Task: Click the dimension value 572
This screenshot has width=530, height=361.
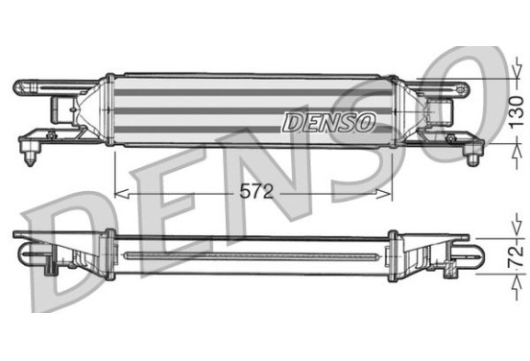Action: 256,192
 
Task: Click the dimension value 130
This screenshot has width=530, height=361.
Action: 517,112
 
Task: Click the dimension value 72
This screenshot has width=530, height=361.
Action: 517,256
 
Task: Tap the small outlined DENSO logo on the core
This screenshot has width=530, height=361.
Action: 329,122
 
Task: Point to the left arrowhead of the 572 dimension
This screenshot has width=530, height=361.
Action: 122,194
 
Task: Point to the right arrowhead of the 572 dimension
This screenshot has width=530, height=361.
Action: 384,194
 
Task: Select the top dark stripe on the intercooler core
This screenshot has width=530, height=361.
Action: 251,92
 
